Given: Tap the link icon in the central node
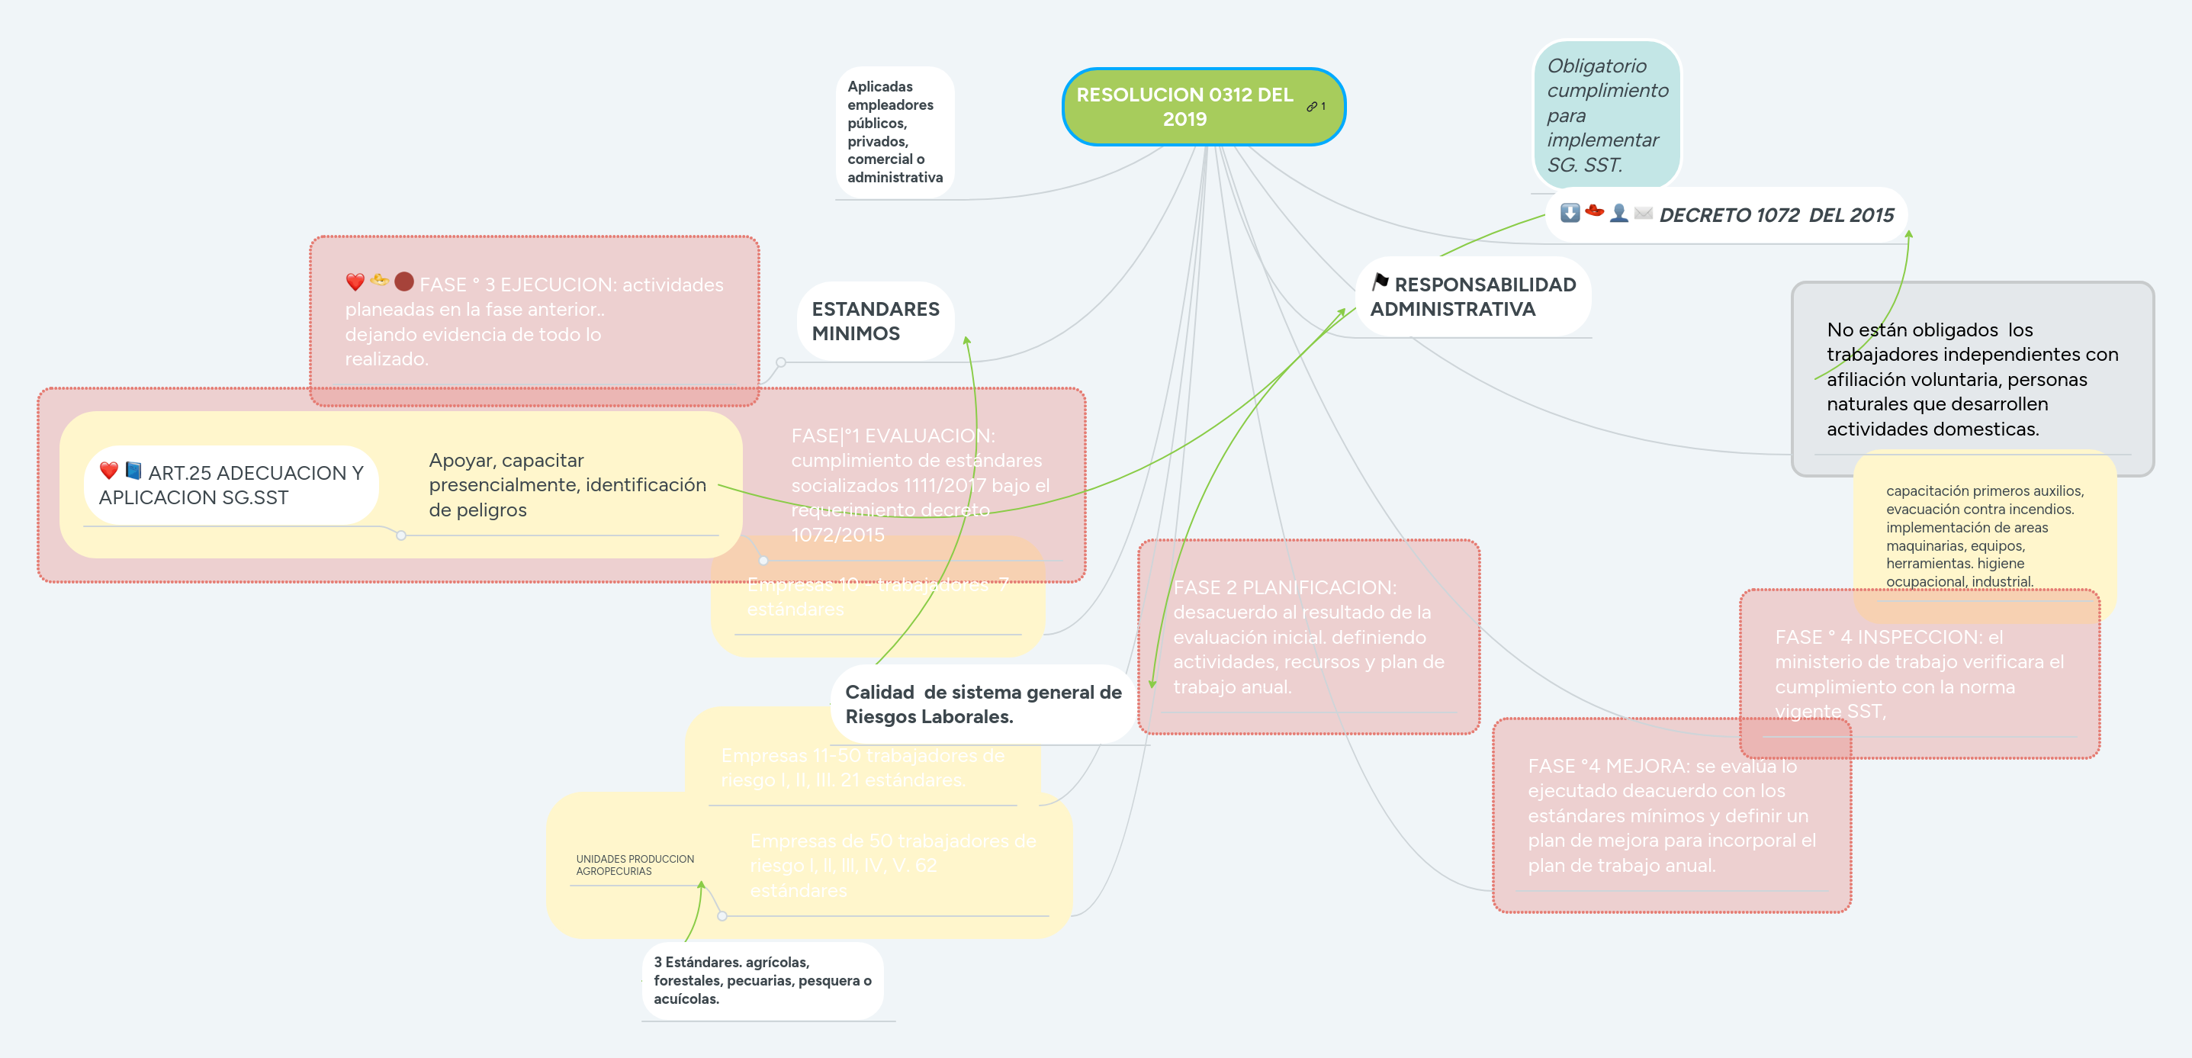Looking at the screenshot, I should [x=1311, y=106].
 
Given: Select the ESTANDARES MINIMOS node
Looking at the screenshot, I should [x=875, y=321].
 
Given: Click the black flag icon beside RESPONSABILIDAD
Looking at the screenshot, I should [x=1380, y=281].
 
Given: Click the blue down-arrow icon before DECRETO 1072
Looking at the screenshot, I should [x=1569, y=213].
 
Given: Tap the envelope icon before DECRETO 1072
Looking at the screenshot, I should [x=1643, y=213].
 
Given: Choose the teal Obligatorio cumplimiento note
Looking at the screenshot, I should [x=1605, y=115].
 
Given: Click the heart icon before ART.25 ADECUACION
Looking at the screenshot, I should [x=109, y=471].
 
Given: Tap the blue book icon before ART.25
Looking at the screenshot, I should [x=133, y=471].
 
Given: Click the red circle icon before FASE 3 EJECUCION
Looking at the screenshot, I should [x=404, y=281].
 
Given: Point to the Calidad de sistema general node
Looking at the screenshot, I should [x=983, y=704].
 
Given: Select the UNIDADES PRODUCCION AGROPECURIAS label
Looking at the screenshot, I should [x=635, y=865].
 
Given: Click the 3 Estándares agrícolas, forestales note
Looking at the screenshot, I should [x=762, y=979].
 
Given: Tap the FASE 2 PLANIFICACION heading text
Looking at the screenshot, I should [x=1284, y=587].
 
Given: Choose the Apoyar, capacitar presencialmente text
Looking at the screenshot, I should [x=567, y=484].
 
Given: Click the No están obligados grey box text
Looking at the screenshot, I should [x=1972, y=379].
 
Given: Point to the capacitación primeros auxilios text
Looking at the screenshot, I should [x=1984, y=535].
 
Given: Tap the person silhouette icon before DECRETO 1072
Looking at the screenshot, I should [x=1618, y=213].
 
